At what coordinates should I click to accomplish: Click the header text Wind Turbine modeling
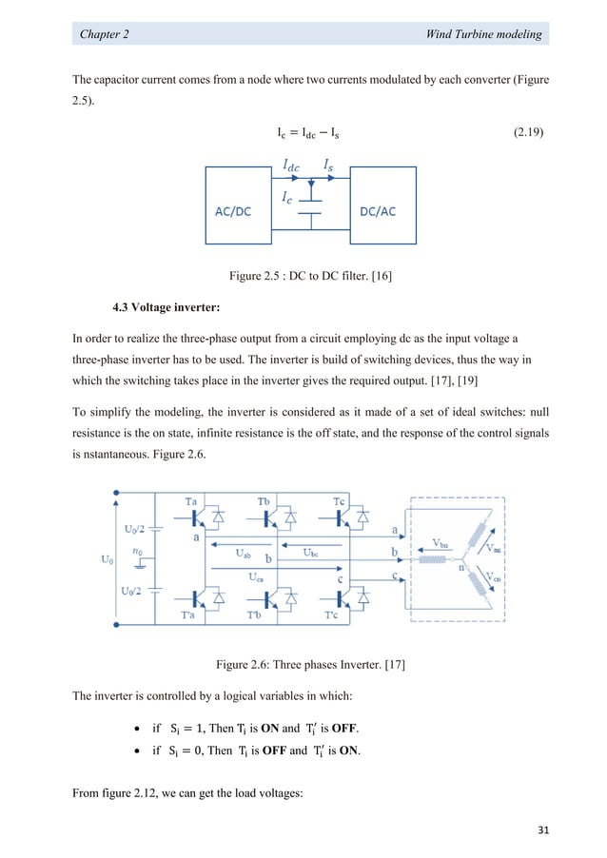tap(485, 34)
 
